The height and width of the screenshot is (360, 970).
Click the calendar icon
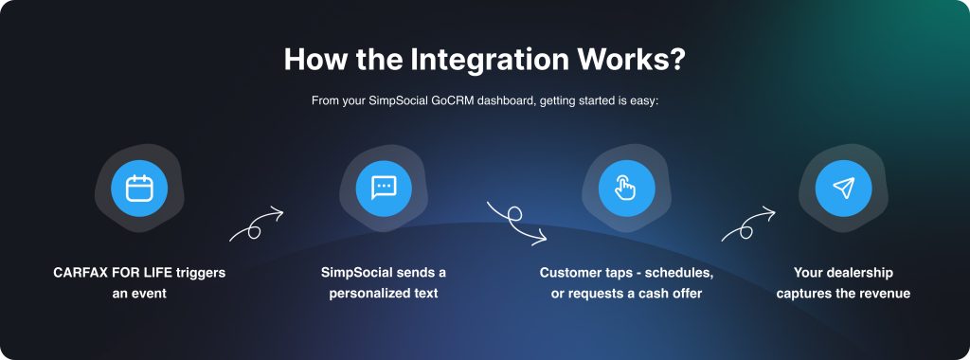[x=139, y=188]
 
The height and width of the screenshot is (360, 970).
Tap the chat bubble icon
[x=384, y=188]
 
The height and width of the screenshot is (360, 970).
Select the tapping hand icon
[x=626, y=188]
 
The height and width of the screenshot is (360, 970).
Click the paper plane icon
[x=843, y=188]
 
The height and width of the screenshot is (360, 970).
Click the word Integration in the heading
[x=490, y=59]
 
